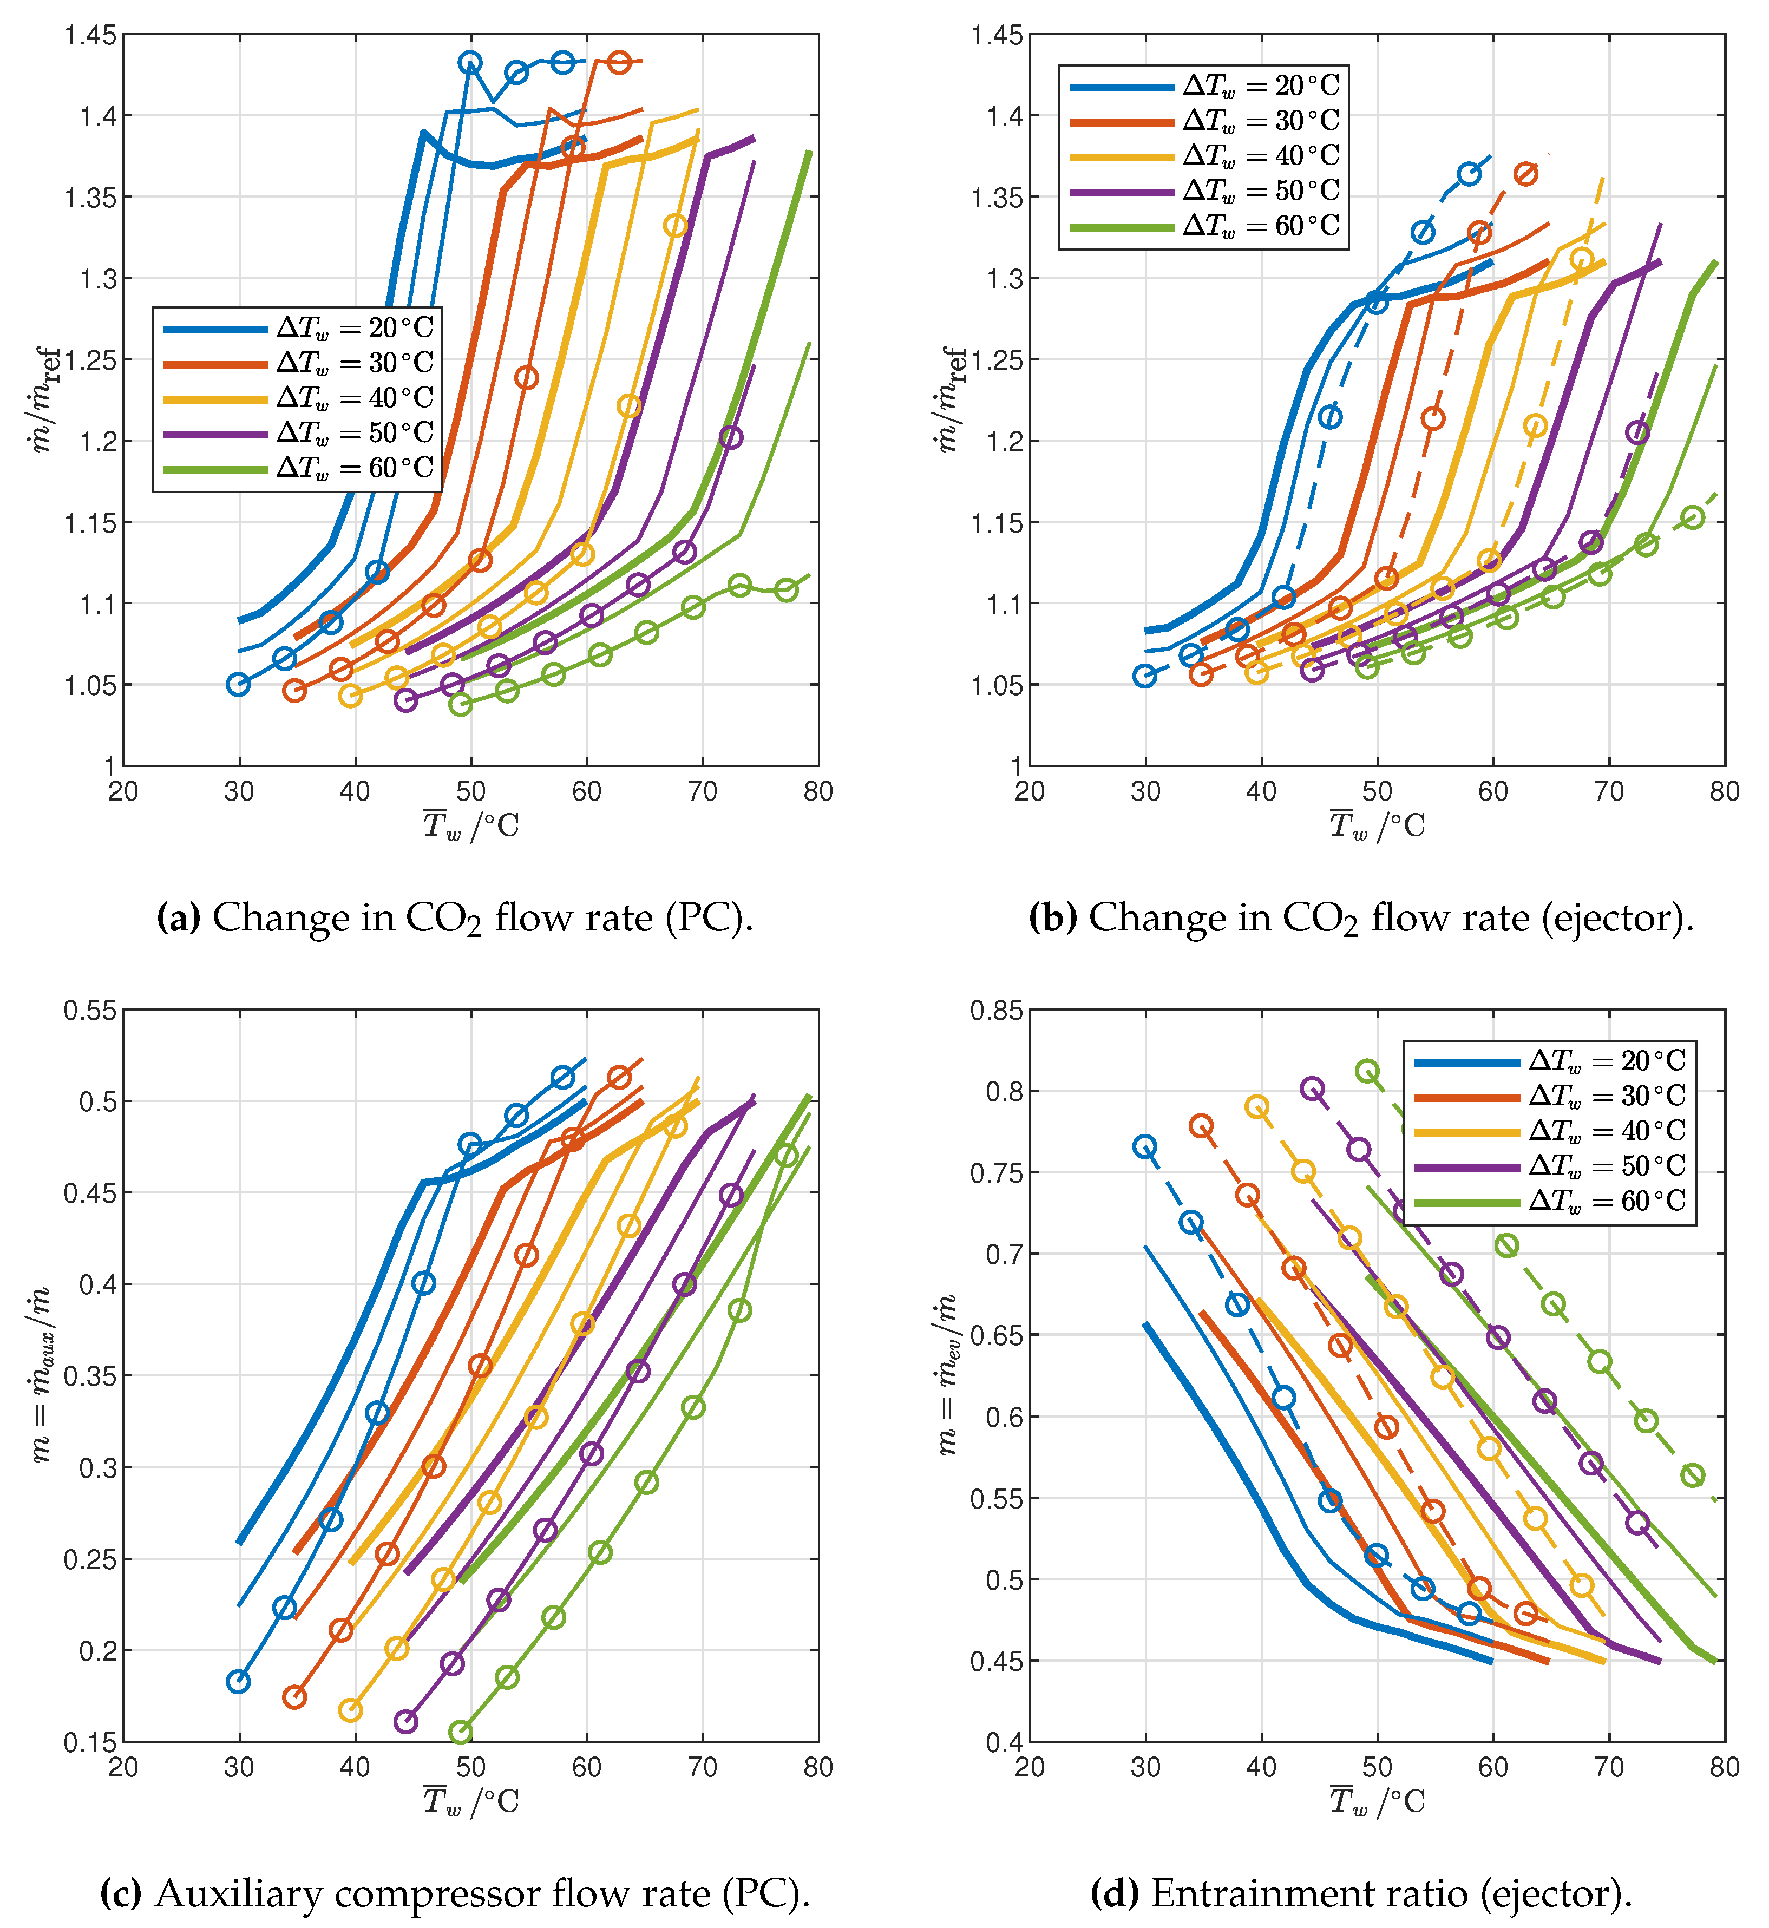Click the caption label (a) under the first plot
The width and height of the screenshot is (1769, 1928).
point(178,917)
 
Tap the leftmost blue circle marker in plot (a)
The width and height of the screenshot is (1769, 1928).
point(238,684)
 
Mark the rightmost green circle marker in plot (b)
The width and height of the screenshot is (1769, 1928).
point(1693,518)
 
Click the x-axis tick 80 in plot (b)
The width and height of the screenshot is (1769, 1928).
point(1724,791)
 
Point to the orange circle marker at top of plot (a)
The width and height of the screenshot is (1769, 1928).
point(619,62)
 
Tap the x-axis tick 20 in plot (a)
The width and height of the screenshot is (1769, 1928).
point(123,791)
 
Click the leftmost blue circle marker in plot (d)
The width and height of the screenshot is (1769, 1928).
point(1145,1147)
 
